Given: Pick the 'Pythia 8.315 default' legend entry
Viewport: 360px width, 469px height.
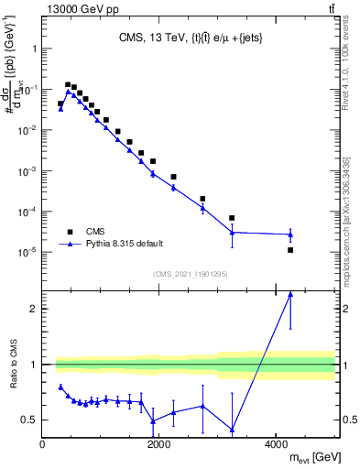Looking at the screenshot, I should point(123,245).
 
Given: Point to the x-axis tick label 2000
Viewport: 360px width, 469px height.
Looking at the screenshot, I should point(158,444).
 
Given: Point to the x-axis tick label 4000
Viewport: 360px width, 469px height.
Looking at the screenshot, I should point(276,444).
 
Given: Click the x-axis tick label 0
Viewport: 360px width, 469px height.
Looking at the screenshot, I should point(43,444).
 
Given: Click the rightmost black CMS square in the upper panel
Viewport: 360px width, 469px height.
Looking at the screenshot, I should point(290,250).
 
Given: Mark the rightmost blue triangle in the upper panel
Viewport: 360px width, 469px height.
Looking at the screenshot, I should point(290,234).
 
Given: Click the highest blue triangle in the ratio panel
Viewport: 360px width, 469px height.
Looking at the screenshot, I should point(290,294).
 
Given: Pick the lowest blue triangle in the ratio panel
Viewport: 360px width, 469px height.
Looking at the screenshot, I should point(232,429).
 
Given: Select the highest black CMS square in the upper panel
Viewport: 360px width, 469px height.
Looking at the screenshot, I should point(67,84).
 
